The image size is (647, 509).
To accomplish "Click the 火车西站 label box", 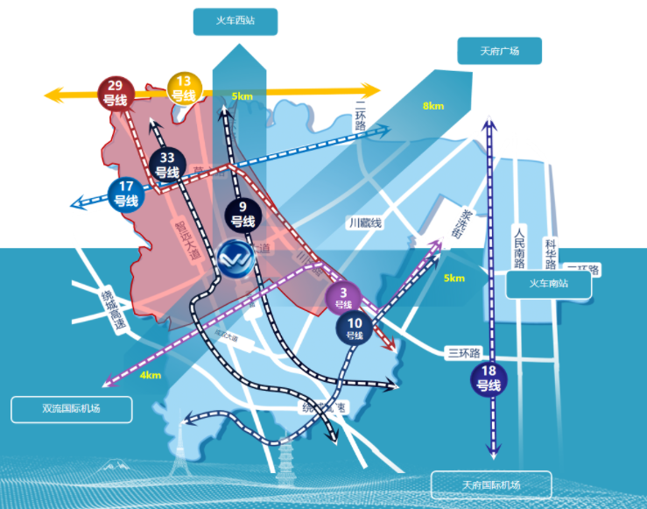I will [x=235, y=21].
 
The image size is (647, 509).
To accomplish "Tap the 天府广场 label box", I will [x=499, y=51].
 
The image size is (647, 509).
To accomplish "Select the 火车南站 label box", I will [x=549, y=284].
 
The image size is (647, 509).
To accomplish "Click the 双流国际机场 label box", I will [x=72, y=409].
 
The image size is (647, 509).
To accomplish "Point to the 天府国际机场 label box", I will [x=491, y=484].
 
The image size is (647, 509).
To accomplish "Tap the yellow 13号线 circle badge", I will [x=184, y=88].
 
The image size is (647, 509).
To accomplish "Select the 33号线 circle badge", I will [x=167, y=166].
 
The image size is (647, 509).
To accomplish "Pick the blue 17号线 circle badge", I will [x=126, y=194].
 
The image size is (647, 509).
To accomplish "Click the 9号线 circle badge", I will [x=242, y=214].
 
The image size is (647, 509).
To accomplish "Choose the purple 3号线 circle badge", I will [x=342, y=298].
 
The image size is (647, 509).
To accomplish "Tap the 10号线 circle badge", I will [x=355, y=329].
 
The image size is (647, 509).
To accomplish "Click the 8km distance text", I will [x=433, y=106].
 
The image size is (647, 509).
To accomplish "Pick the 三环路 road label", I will [x=464, y=353].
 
